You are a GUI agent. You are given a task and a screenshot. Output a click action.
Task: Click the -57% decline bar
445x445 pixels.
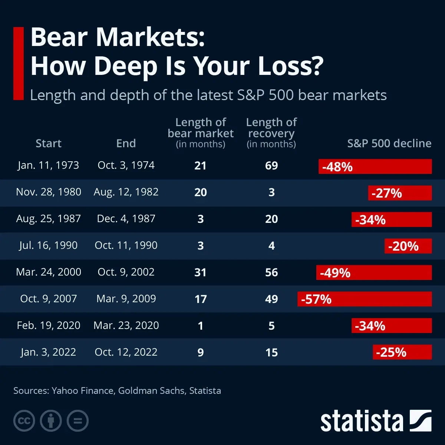click(x=365, y=299)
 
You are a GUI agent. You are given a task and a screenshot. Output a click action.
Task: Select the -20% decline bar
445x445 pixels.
click(x=408, y=246)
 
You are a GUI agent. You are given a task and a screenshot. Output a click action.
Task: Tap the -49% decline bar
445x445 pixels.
click(x=374, y=273)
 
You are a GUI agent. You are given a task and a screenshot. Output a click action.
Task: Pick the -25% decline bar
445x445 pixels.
click(x=402, y=352)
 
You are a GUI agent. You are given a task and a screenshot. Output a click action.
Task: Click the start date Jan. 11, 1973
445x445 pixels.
click(x=48, y=165)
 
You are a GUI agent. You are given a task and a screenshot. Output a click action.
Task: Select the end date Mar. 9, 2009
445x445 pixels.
click(x=126, y=299)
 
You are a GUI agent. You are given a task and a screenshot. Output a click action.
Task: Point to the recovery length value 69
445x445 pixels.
click(x=271, y=165)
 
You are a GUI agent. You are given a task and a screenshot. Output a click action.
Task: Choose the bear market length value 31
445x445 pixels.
click(x=200, y=272)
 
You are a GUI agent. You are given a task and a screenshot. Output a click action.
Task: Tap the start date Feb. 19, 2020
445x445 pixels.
click(x=48, y=325)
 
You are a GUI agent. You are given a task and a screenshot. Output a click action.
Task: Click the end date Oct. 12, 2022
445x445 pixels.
click(x=126, y=352)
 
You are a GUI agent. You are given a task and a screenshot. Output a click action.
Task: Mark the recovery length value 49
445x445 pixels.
click(x=271, y=299)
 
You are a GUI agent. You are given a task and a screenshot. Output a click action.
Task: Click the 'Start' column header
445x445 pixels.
click(x=48, y=144)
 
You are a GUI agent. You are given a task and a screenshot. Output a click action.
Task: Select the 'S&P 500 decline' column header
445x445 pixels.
click(x=389, y=144)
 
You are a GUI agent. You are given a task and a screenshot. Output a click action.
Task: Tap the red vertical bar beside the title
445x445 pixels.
click(x=18, y=63)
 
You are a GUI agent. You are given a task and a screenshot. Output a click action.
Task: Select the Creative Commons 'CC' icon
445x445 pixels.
click(x=24, y=421)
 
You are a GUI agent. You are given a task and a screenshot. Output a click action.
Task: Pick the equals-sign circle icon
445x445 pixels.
click(x=78, y=421)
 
